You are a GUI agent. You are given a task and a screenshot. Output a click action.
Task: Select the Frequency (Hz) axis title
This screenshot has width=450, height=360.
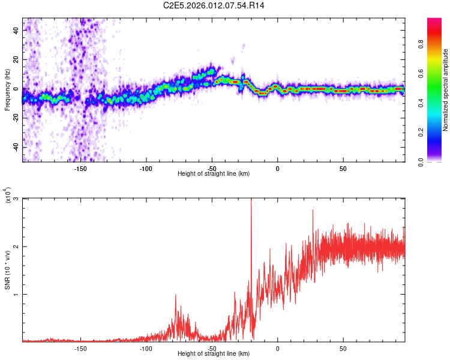(x=7, y=90)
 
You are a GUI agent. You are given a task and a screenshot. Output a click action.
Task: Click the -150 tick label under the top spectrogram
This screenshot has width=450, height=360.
(x=80, y=169)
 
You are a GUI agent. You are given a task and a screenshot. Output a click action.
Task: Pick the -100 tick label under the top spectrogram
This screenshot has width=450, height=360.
(x=146, y=169)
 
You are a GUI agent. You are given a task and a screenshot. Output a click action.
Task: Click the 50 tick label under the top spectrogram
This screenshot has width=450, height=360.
(x=343, y=169)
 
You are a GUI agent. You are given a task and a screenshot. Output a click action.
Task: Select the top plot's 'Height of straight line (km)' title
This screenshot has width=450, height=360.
(x=214, y=173)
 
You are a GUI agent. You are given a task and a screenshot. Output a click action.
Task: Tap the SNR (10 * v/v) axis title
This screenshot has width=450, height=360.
(x=7, y=270)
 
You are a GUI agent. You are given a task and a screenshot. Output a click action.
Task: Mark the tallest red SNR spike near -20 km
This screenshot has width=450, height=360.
(x=251, y=200)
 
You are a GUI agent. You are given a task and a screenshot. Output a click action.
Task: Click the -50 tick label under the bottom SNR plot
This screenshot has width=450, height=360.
(x=211, y=349)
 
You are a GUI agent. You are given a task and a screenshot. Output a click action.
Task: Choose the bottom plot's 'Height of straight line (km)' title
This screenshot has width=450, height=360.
(x=214, y=353)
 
